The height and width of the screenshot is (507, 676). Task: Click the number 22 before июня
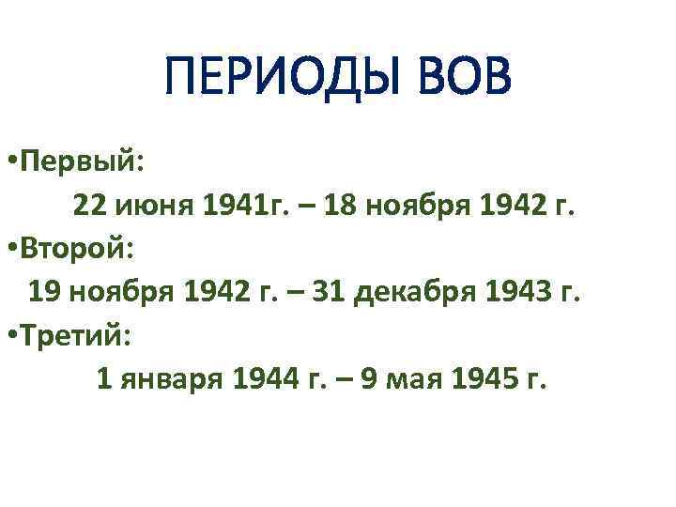[x=90, y=207]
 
